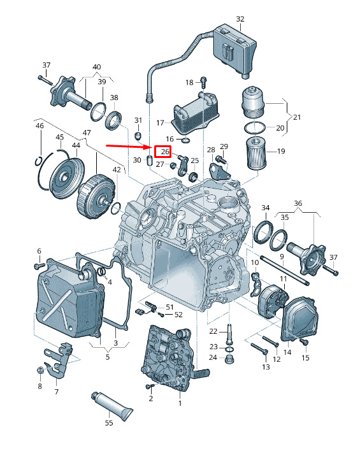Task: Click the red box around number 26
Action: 163,152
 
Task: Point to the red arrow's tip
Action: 152,147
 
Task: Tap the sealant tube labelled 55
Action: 112,406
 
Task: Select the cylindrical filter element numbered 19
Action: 256,154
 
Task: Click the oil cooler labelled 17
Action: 195,114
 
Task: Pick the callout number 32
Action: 240,19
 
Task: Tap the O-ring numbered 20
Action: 255,127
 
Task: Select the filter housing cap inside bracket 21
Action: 254,101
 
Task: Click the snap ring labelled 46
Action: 39,161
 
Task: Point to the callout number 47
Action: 86,132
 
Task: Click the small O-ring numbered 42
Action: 116,208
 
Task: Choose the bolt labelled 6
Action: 40,265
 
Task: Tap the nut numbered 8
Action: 40,370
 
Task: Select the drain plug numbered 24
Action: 229,359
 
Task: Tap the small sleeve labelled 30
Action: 150,161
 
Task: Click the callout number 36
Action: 298,203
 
